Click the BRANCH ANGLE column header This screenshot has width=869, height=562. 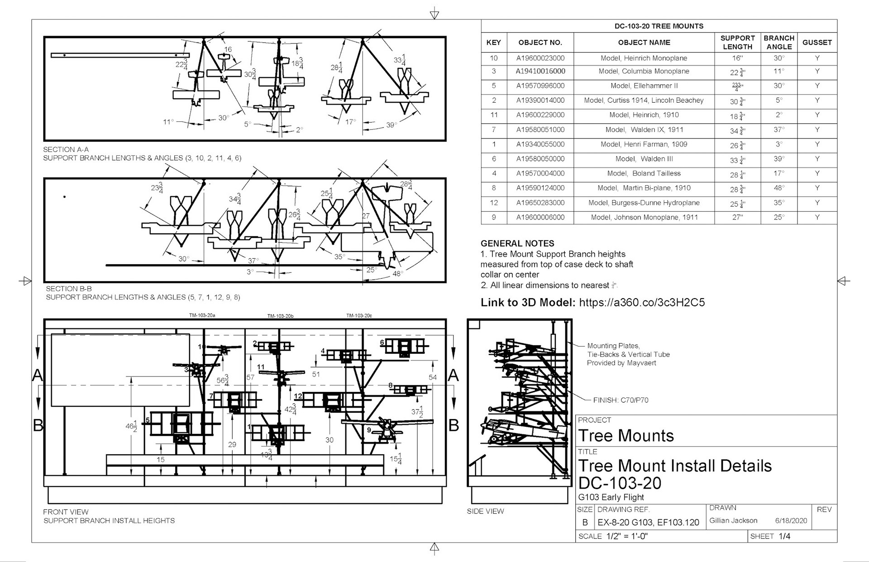click(778, 42)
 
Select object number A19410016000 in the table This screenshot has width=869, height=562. click(540, 71)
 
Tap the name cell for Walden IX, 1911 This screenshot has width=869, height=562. click(644, 130)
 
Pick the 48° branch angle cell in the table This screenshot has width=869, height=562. click(778, 188)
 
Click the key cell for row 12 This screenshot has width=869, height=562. click(493, 203)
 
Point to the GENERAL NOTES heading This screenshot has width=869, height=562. click(517, 243)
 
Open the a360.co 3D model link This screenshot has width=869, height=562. click(642, 303)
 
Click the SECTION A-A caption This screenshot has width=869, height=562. click(66, 149)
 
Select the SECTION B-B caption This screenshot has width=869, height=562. click(69, 289)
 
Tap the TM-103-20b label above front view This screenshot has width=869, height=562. click(280, 316)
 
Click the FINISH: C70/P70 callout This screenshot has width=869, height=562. click(621, 400)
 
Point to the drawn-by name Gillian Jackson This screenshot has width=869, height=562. click(733, 520)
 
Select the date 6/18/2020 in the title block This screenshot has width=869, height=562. click(791, 520)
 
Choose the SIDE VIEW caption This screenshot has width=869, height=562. click(485, 511)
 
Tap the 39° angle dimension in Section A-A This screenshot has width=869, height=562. click(392, 125)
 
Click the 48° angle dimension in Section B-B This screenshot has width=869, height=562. click(398, 273)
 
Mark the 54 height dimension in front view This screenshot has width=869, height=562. click(433, 377)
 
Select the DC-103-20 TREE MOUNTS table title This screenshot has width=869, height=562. click(659, 26)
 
